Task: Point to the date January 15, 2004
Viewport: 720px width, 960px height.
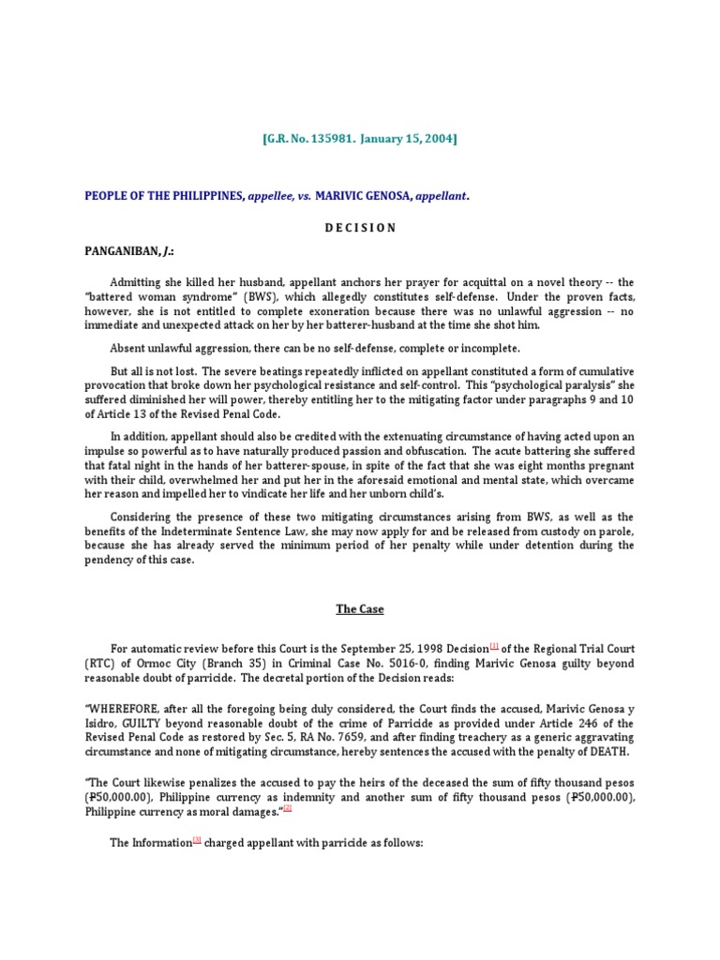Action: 406,140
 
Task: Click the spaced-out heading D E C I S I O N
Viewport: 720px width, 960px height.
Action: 359,228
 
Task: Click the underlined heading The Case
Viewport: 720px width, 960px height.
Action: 360,609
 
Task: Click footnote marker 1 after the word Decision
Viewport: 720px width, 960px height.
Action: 494,645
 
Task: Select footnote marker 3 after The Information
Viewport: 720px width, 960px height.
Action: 198,840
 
